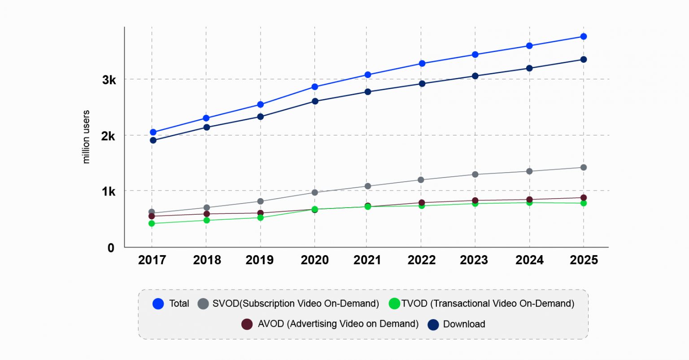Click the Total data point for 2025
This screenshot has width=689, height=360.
tap(584, 36)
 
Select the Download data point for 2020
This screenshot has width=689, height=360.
tap(315, 101)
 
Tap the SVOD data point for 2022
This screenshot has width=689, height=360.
tap(421, 180)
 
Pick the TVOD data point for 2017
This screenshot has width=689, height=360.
tap(152, 223)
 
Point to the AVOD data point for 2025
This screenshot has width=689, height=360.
tap(584, 198)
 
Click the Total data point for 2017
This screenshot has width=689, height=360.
tap(153, 132)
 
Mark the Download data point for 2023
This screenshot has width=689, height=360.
tap(475, 76)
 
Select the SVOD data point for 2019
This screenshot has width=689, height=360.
tap(260, 201)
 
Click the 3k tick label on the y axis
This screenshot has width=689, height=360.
tap(109, 80)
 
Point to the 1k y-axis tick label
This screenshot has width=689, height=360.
tap(109, 192)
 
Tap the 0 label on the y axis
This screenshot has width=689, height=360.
tap(111, 248)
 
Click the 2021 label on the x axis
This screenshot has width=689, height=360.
tap(367, 260)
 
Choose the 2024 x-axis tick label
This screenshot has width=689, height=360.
tap(529, 260)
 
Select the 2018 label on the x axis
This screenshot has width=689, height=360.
tap(207, 260)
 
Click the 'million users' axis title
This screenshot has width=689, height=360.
tap(86, 137)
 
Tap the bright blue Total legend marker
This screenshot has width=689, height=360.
tap(158, 304)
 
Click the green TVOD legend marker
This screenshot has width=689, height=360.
tap(394, 304)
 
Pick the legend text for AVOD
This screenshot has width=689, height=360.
tap(338, 324)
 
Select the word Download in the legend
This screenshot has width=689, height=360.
tap(464, 324)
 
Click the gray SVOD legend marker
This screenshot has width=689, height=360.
tap(203, 304)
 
